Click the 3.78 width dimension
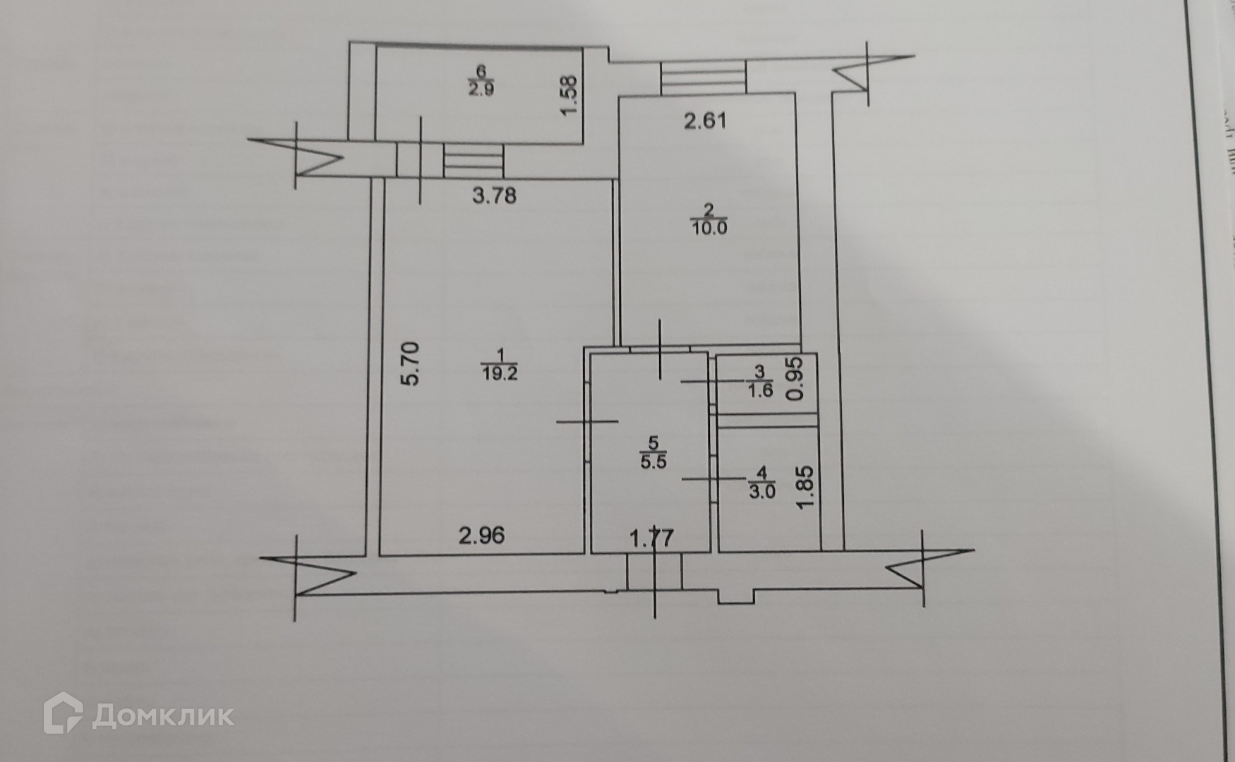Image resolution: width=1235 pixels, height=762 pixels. [x=494, y=195]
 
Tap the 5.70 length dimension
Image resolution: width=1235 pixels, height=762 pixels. [x=409, y=363]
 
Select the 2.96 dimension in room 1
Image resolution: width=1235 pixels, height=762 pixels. [x=482, y=536]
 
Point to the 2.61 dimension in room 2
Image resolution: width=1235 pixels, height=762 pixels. [x=705, y=121]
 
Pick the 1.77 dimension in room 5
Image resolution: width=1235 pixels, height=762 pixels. [x=651, y=538]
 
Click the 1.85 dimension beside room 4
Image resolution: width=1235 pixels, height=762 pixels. [x=806, y=485]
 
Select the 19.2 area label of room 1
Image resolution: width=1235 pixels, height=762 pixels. [x=500, y=374]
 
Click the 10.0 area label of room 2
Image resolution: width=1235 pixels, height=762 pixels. [x=709, y=228]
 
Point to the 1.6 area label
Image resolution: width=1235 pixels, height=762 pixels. [x=760, y=390]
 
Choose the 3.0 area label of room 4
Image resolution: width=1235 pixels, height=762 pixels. [x=761, y=491]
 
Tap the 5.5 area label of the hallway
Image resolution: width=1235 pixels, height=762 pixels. [x=653, y=463]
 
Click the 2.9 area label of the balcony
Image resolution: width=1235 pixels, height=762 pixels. [x=481, y=90]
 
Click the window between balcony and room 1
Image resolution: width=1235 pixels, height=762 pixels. [x=474, y=160]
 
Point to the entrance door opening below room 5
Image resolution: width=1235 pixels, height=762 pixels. [x=654, y=571]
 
